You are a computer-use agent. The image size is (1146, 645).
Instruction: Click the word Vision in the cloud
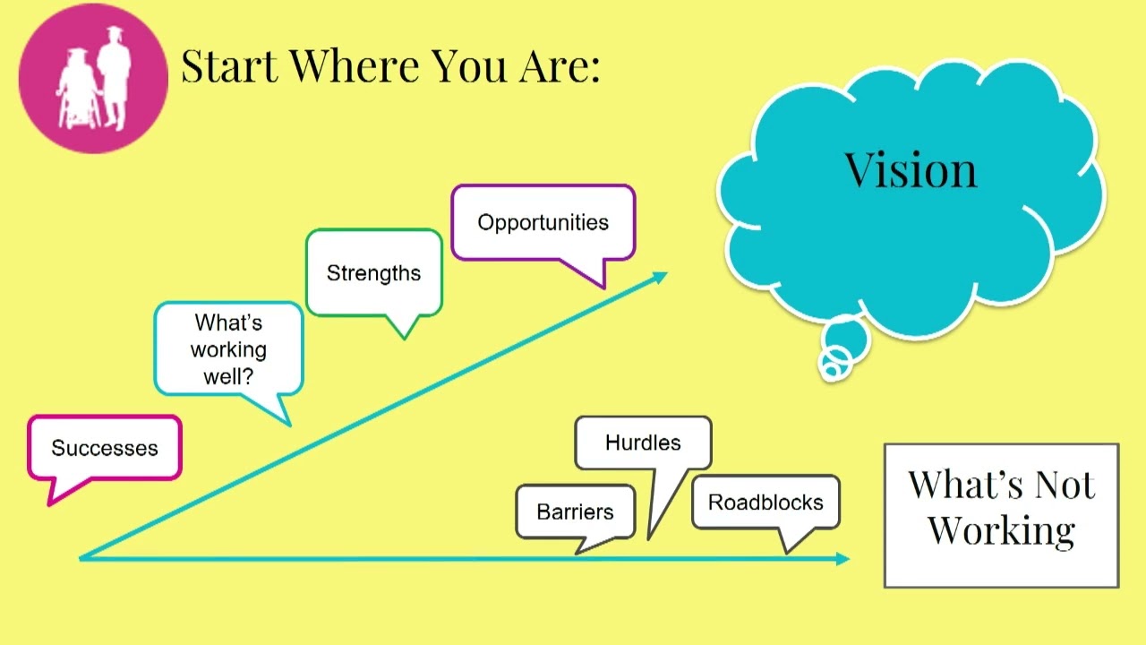tap(911, 169)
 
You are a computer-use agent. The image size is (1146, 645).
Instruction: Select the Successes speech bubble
tap(105, 448)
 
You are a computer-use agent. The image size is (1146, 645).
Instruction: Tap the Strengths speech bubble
tap(373, 273)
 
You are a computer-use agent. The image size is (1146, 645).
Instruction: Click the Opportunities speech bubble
tap(543, 222)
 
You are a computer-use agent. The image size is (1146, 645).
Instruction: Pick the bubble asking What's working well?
tap(228, 348)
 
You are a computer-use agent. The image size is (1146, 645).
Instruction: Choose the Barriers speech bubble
tap(575, 512)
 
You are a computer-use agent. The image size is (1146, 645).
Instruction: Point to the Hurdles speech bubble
tap(643, 443)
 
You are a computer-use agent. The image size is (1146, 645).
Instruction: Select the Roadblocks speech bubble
tap(765, 502)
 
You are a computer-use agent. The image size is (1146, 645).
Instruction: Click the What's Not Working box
tap(1001, 515)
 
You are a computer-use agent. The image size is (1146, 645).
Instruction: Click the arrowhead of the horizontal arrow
tap(842, 559)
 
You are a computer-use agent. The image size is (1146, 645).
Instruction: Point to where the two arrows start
tap(83, 558)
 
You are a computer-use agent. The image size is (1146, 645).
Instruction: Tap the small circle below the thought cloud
tap(834, 364)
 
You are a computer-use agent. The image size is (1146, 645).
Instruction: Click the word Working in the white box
tap(1001, 530)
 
